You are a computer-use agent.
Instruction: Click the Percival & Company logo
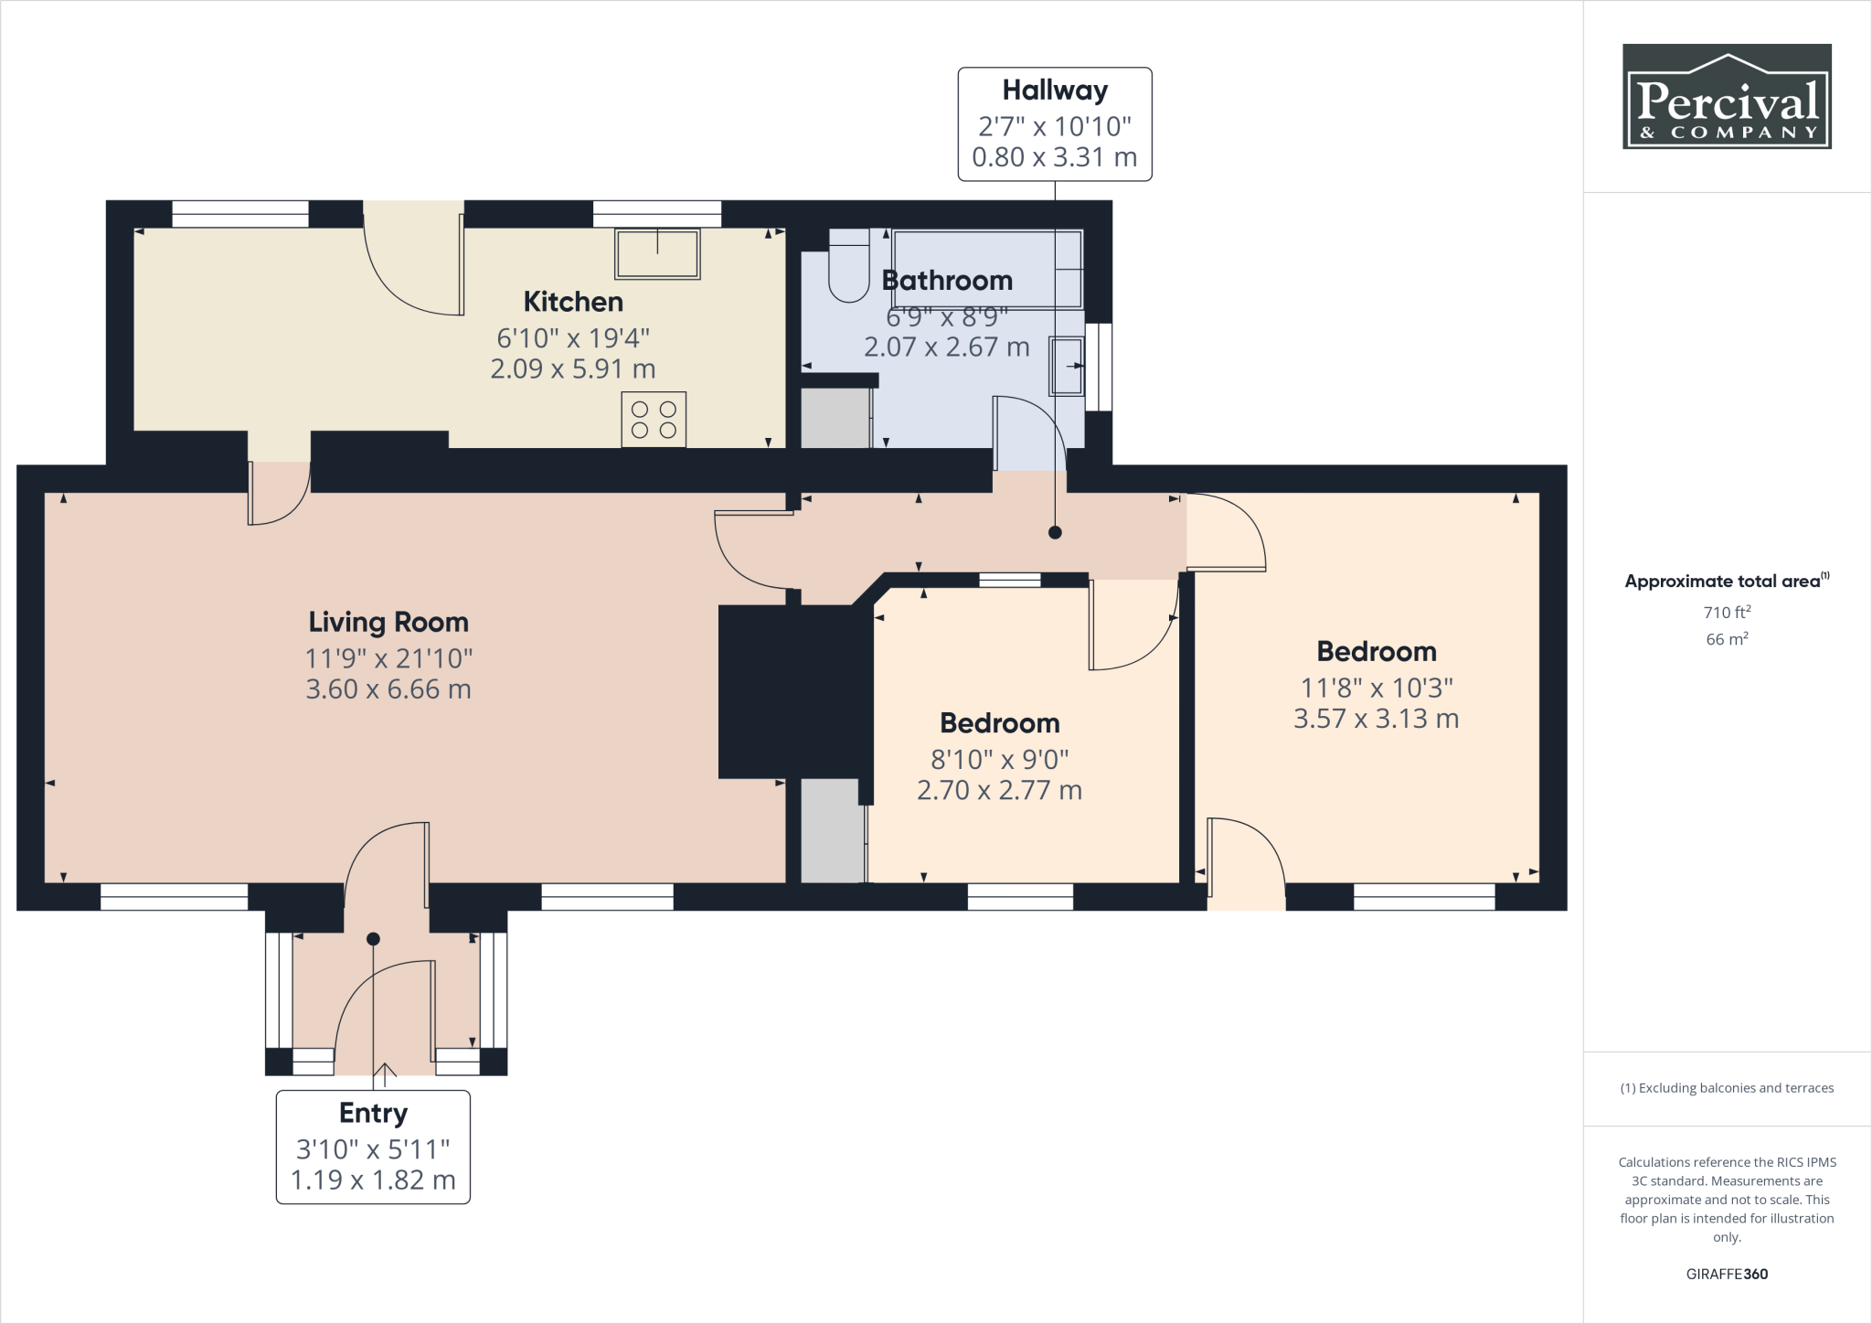1727,96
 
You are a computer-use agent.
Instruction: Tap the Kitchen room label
573,302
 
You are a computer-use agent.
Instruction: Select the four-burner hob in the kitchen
654,420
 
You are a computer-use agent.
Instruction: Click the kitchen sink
657,253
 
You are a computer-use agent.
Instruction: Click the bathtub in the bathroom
988,270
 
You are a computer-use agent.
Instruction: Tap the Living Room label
388,623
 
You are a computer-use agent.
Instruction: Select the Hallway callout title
1055,91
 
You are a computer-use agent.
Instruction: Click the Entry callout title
373,1113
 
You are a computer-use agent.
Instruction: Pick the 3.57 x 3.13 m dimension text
1376,719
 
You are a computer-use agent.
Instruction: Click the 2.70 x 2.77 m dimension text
999,790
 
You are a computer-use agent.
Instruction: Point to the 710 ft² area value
1727,612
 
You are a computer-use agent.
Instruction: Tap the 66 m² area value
1727,638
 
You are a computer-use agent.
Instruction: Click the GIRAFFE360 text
1727,1274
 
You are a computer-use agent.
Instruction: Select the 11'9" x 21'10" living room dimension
388,658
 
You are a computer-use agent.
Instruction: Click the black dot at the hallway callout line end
1055,532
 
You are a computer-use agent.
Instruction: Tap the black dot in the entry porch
373,939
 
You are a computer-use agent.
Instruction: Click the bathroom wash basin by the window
1067,366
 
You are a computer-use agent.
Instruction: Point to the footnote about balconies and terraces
1727,1088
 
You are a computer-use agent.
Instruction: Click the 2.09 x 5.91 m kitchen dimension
573,368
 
